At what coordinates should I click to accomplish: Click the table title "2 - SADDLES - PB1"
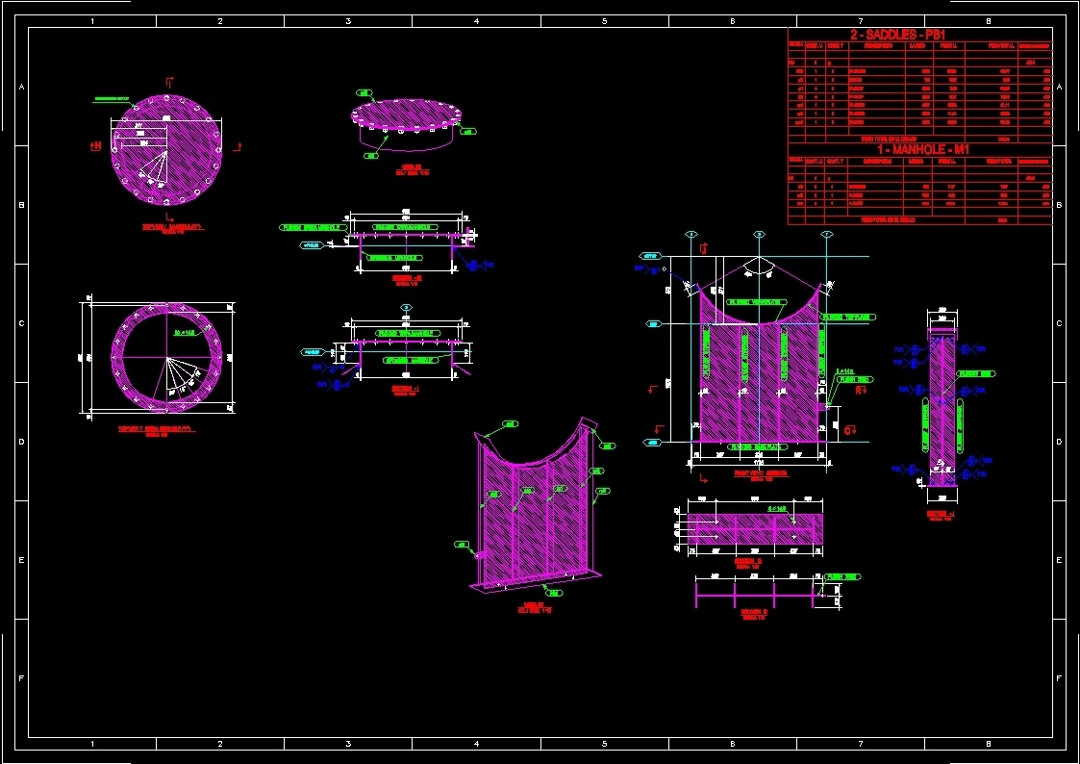919,35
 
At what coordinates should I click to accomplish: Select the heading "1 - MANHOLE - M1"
919,149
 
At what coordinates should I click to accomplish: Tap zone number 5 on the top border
604,20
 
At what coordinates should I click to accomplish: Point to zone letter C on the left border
21,323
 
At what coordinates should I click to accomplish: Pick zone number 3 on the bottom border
348,744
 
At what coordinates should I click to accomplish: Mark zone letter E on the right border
1059,560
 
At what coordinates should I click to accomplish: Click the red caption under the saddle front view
760,474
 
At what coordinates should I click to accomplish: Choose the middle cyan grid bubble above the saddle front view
759,234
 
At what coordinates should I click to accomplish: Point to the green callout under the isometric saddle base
555,593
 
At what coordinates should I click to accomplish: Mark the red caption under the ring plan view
155,430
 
